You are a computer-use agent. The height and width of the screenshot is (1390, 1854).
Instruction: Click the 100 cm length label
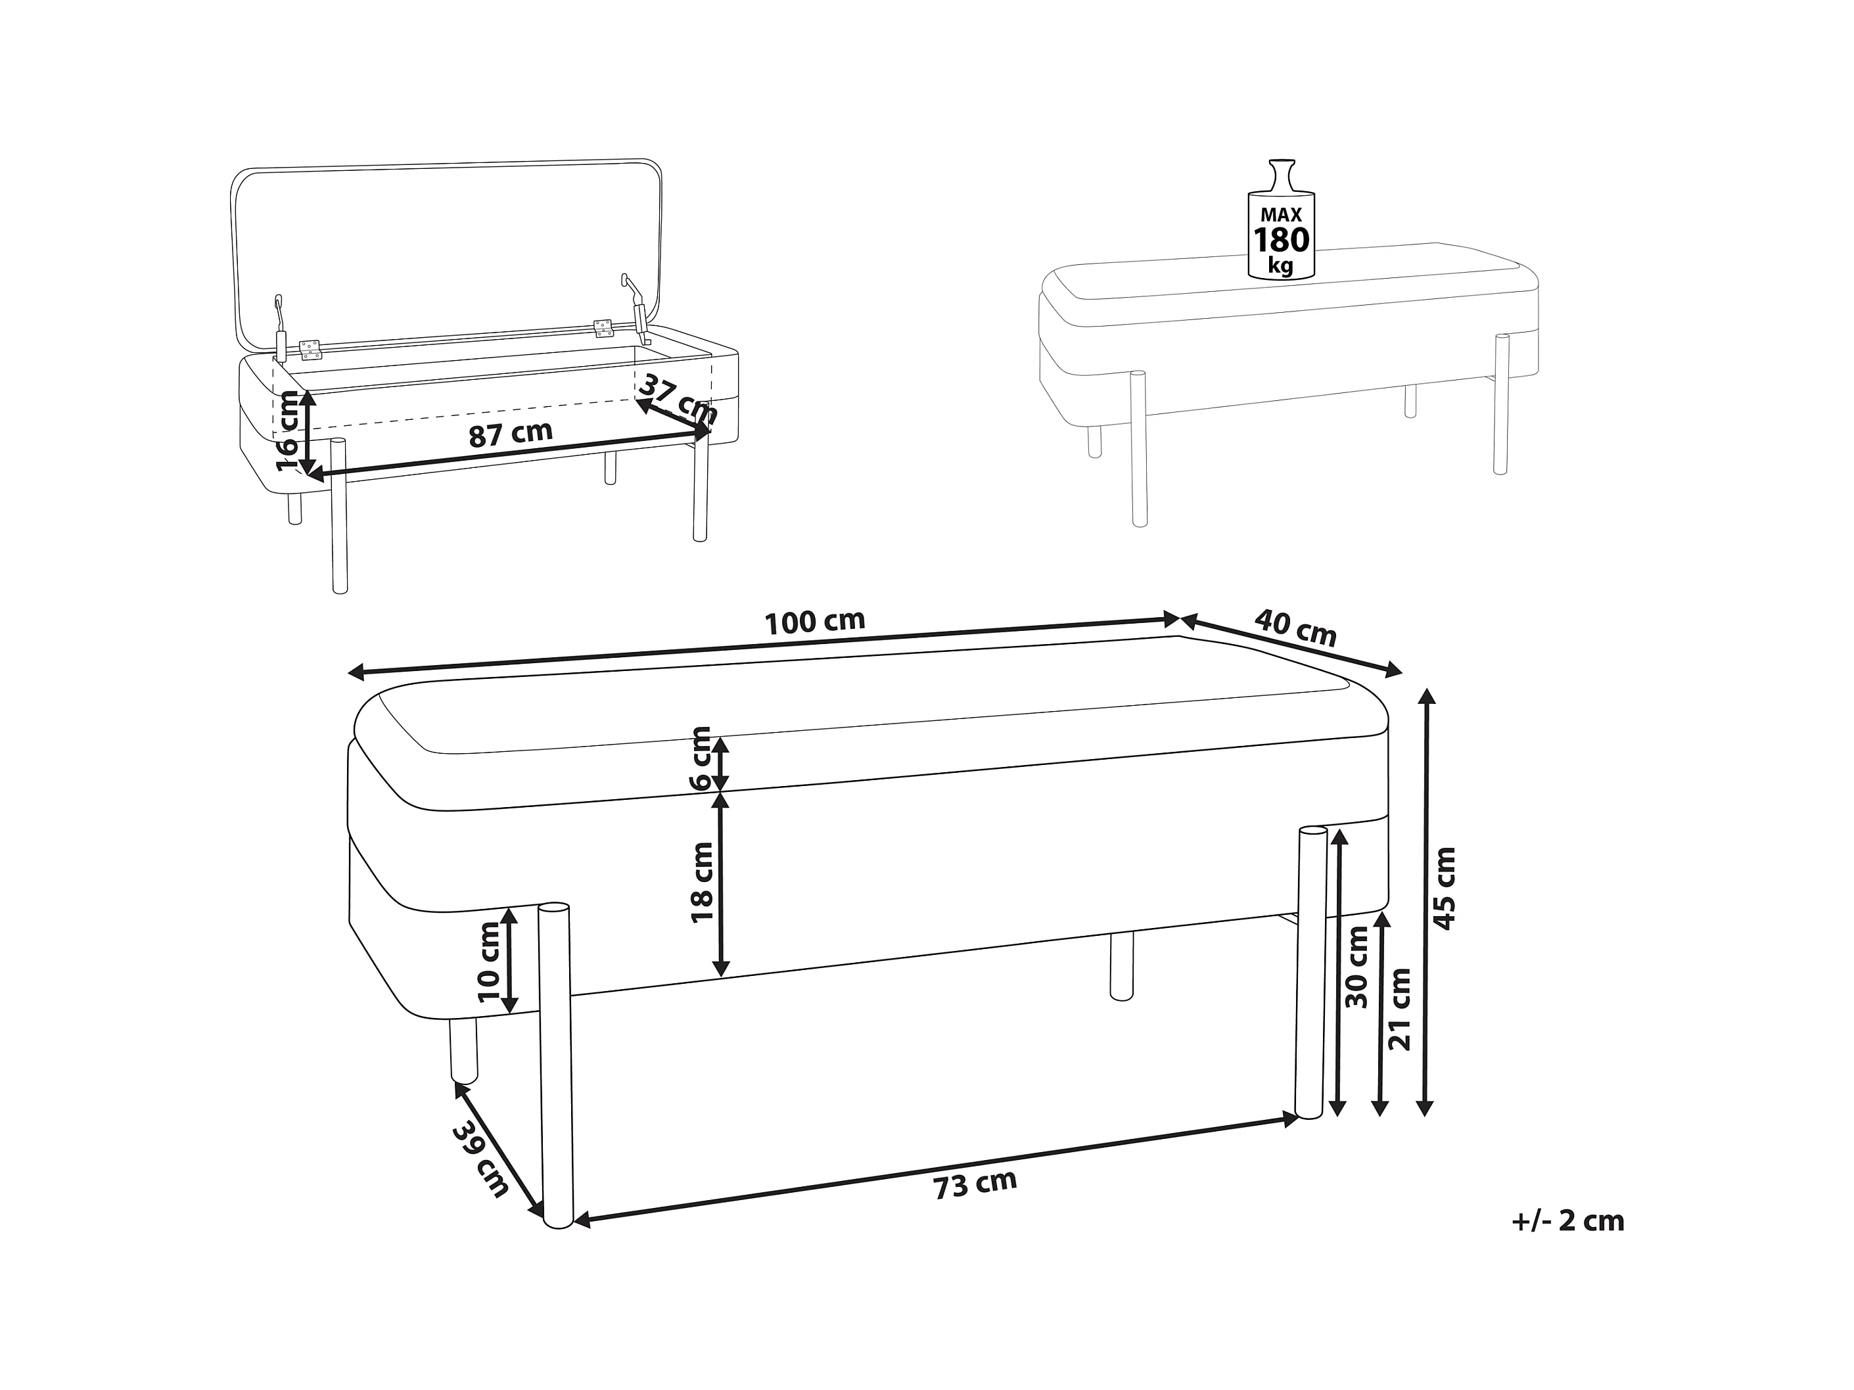pos(815,621)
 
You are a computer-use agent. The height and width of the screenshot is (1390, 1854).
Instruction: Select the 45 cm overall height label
pos(1445,889)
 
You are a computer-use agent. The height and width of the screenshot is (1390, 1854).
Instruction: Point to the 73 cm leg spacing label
pos(975,1184)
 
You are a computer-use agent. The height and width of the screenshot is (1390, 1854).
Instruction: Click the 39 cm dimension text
pos(480,1159)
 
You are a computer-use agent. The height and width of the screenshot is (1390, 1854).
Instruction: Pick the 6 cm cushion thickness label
pos(700,758)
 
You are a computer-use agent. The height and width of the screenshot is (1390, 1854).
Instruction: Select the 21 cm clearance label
pos(1400,1009)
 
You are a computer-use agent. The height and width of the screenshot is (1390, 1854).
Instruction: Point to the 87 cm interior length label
pos(511,434)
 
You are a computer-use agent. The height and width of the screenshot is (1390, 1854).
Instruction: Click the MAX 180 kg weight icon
pos(1281,219)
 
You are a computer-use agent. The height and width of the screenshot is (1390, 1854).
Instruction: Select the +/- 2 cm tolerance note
pos(1567,1220)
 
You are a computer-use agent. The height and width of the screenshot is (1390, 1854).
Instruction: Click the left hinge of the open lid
pos(311,350)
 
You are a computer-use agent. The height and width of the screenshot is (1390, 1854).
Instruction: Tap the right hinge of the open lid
pos(603,328)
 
